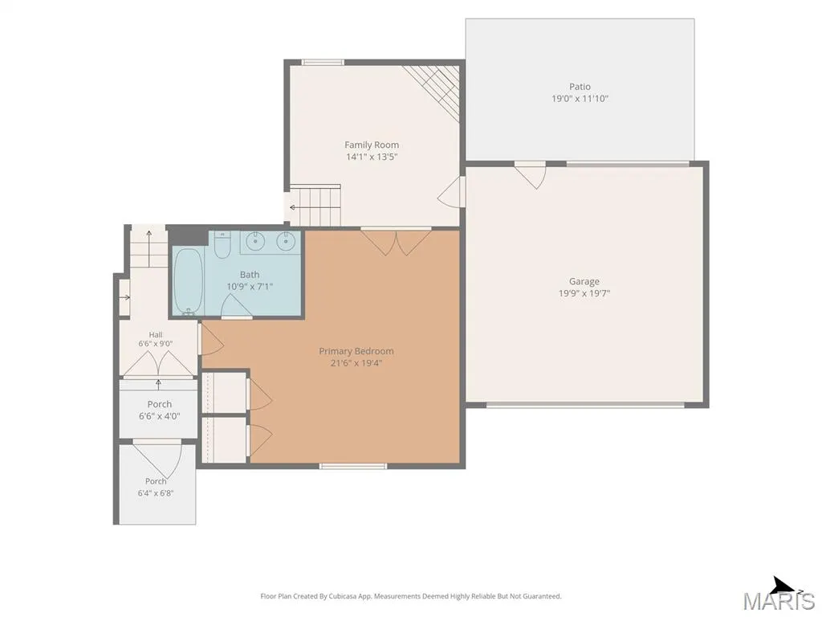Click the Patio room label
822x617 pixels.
[x=580, y=87]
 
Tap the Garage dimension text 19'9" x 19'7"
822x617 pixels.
[x=584, y=293]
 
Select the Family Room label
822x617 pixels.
[x=372, y=145]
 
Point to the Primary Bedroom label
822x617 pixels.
[x=356, y=351]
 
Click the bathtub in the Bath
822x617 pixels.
[x=188, y=281]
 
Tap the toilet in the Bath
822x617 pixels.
[x=222, y=245]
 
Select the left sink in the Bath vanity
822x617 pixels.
[x=256, y=241]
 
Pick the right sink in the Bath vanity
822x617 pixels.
[x=286, y=241]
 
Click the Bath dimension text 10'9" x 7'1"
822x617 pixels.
[x=250, y=287]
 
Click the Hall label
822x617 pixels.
[x=156, y=335]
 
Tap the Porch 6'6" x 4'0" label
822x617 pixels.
[x=160, y=410]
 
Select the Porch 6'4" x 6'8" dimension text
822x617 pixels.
[x=156, y=493]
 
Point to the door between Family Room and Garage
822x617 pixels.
[x=451, y=191]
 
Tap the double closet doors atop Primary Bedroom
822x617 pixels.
[x=396, y=243]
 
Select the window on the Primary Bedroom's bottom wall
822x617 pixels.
[x=353, y=466]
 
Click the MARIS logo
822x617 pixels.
[x=779, y=596]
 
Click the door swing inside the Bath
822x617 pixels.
[x=236, y=306]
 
